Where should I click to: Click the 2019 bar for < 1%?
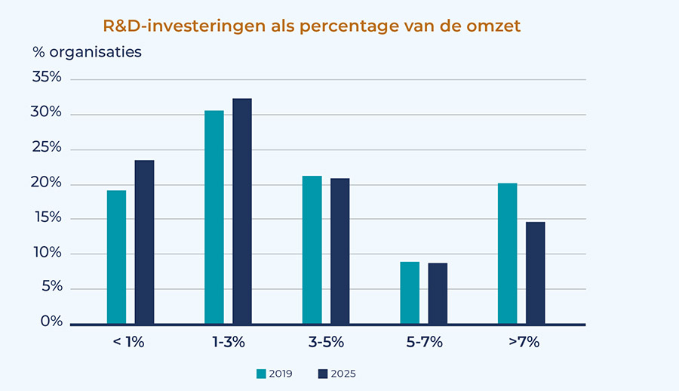click(x=116, y=257)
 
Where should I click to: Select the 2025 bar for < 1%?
click(x=144, y=242)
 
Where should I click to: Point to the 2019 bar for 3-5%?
click(x=312, y=250)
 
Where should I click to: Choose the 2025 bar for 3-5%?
click(x=339, y=251)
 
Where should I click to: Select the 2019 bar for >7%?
click(x=507, y=254)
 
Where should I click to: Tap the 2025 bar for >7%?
click(x=535, y=273)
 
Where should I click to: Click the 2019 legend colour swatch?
click(x=262, y=373)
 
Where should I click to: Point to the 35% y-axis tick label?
click(x=47, y=79)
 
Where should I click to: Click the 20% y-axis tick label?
click(x=47, y=183)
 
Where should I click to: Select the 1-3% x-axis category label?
click(x=228, y=342)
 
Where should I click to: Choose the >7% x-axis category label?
click(x=524, y=342)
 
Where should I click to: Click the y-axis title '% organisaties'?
click(x=87, y=53)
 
